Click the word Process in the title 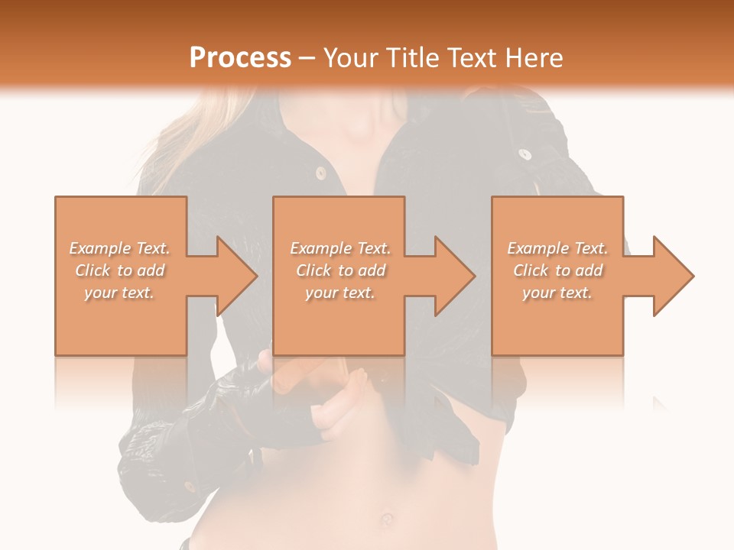click(240, 57)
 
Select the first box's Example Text click(119, 248)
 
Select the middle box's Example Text click(339, 248)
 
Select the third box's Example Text click(557, 248)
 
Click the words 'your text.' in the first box click(119, 293)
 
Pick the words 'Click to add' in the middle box click(339, 270)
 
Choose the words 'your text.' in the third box click(557, 293)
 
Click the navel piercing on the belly click(387, 519)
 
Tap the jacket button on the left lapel click(322, 174)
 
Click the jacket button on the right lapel click(525, 155)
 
